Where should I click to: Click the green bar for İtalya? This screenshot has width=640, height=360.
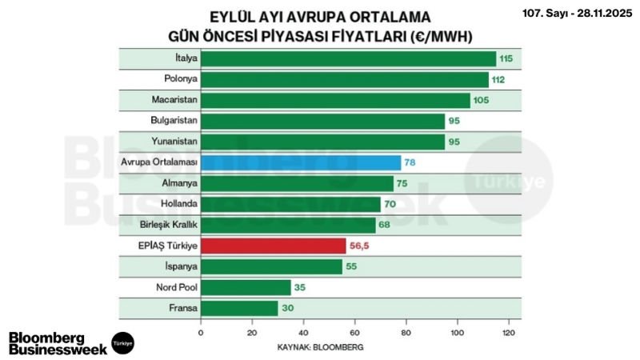(348, 59)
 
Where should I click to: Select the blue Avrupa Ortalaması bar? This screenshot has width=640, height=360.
(300, 162)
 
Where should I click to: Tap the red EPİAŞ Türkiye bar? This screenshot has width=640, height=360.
(273, 246)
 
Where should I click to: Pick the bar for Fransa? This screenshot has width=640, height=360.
(239, 308)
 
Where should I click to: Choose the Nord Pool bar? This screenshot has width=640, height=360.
(246, 287)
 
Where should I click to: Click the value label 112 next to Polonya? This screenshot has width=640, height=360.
(501, 79)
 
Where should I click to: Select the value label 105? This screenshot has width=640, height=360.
(481, 100)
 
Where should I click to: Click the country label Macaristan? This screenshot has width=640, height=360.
(174, 100)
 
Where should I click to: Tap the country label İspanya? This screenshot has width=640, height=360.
(179, 266)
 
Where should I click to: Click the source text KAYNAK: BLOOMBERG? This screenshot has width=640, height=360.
(332, 346)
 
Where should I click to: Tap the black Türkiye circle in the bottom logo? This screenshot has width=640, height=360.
(122, 342)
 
